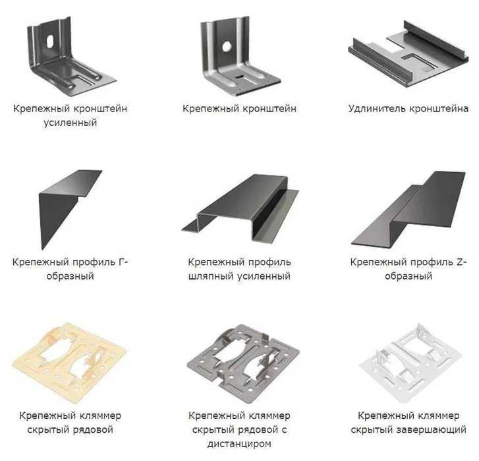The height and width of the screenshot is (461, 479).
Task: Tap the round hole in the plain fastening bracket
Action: pos(227,46)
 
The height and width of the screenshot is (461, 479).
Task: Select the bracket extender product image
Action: pos(409,54)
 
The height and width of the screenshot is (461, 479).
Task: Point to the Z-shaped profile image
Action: pos(409,209)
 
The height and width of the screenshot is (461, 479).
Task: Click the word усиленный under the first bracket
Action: pos(70,123)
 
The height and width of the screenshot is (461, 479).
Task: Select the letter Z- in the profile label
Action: pos(462,262)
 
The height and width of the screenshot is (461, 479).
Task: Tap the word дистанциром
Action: pos(239,444)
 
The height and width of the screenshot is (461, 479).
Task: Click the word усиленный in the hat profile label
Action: pos(264,276)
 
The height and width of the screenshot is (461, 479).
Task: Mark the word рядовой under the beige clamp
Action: pos(92,429)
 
